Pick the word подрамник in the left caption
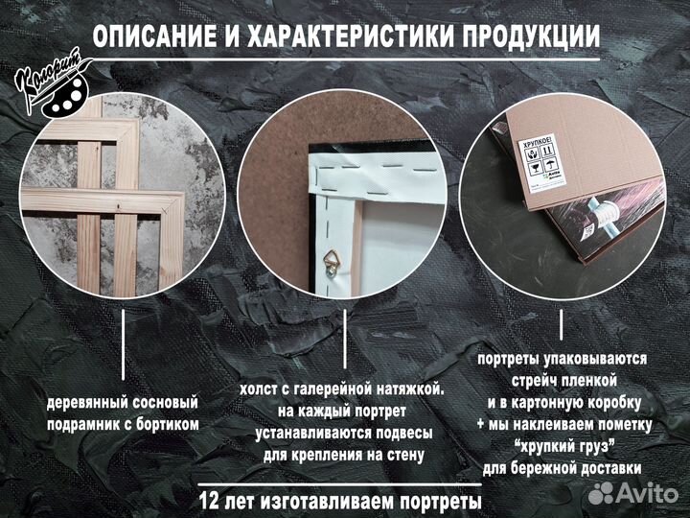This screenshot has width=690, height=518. point(86,423)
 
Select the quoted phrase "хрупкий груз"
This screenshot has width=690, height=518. point(563,445)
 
